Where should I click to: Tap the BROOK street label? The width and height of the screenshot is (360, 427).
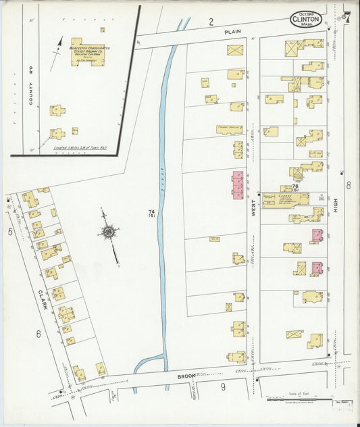[x=186, y=376]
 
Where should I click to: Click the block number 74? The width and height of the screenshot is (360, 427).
[x=152, y=213]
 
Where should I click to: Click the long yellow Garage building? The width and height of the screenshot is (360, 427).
[x=285, y=199]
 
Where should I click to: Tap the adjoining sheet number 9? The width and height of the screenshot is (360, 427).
[x=222, y=386]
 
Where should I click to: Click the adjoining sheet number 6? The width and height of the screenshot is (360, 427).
[x=38, y=333]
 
